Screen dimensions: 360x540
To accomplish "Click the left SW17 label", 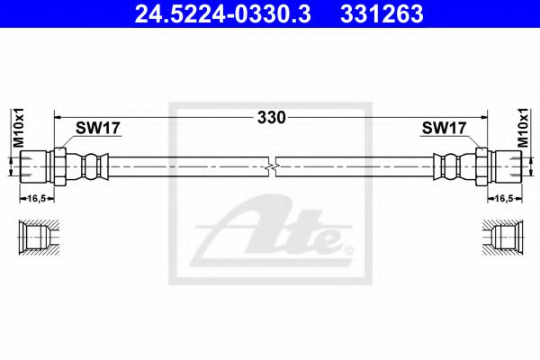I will [x=96, y=129].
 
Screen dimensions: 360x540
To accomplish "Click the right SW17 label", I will [x=443, y=129].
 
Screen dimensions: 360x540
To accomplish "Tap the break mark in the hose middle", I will [x=273, y=166].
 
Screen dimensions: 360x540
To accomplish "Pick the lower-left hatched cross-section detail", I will [x=38, y=237].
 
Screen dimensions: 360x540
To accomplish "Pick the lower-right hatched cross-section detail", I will [x=502, y=237].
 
